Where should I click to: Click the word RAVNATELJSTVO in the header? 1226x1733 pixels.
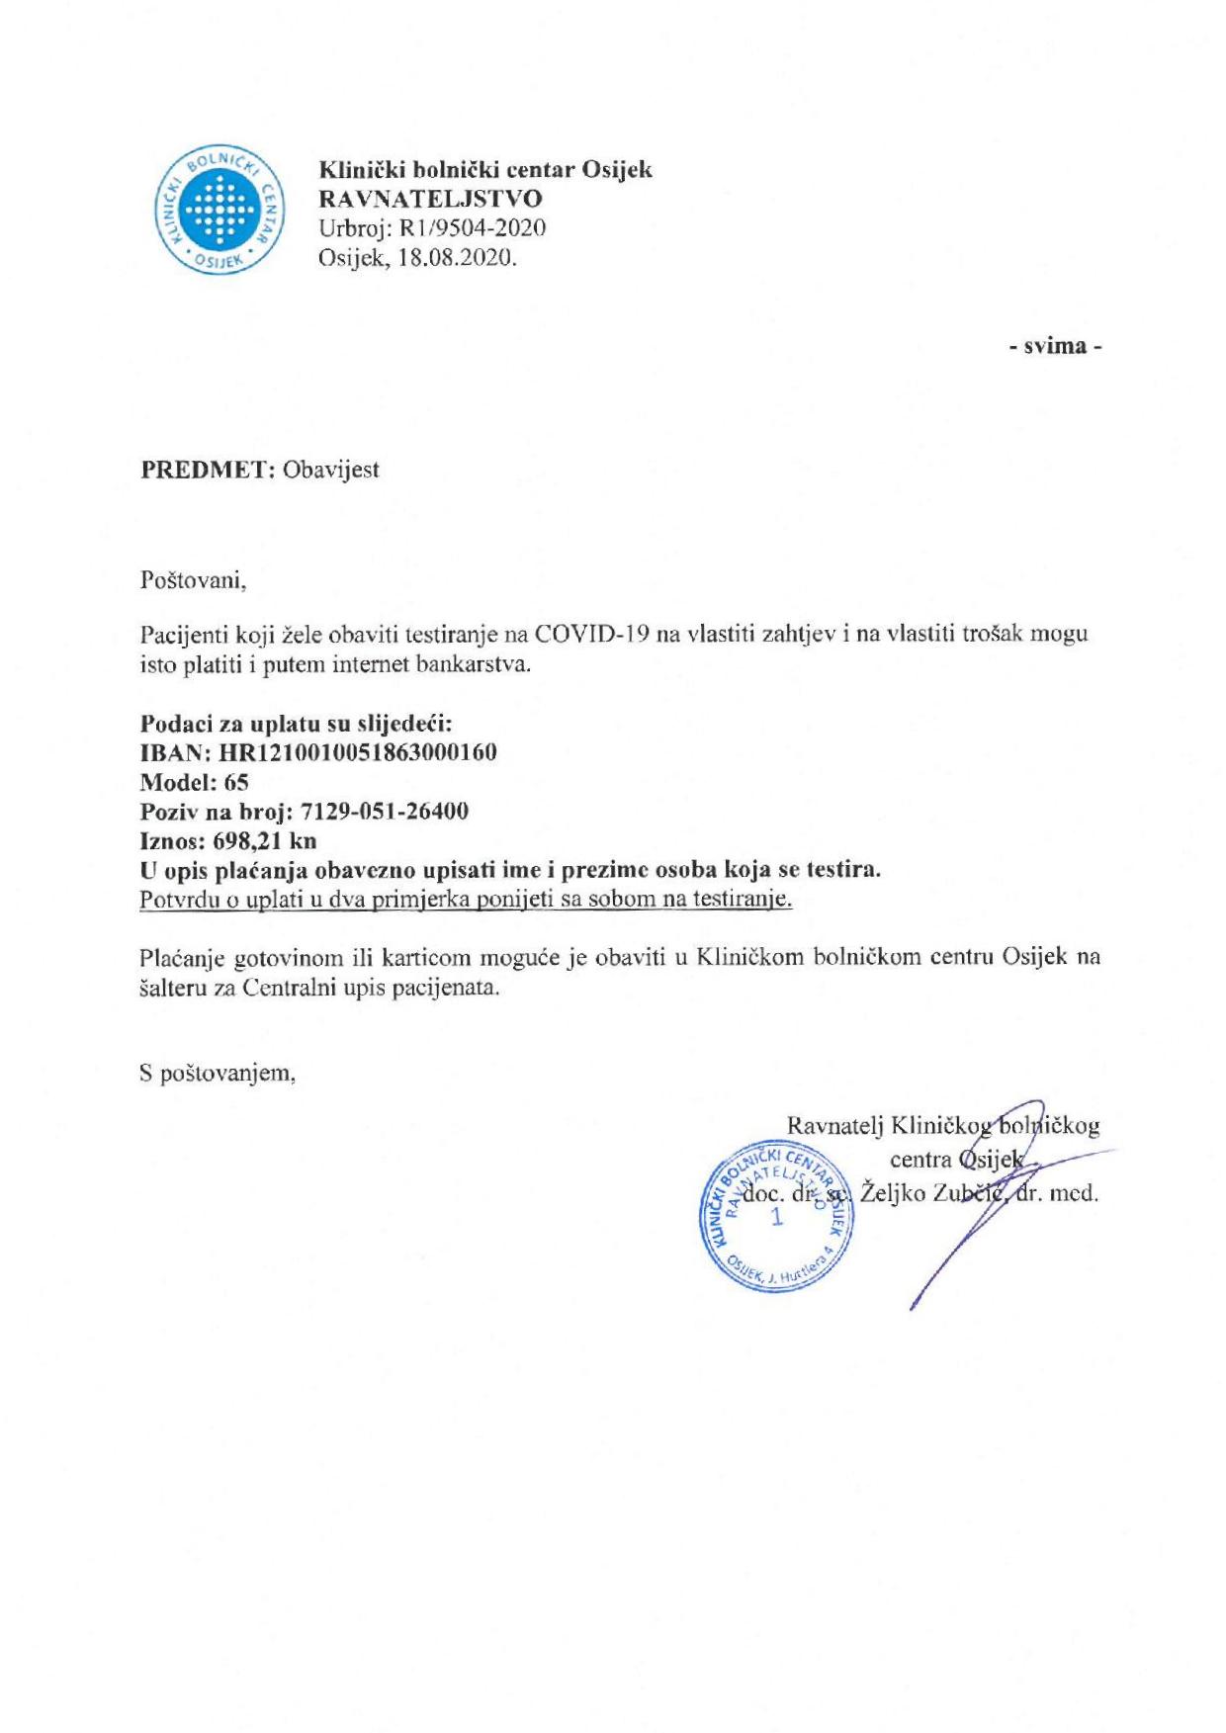coord(429,199)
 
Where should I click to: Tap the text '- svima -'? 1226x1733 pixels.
coord(1055,346)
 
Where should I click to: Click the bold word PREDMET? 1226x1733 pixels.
coord(208,469)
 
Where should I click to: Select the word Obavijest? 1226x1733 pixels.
coord(330,469)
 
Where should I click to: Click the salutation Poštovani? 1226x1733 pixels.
coord(193,579)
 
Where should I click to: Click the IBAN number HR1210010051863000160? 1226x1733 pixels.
coord(363,752)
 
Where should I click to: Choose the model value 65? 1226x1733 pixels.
coord(236,782)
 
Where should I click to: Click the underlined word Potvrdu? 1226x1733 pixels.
coord(177,900)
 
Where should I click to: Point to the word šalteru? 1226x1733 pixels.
coord(173,988)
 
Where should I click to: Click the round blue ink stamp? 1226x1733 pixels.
coord(776,1215)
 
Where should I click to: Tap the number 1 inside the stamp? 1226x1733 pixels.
coord(776,1216)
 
